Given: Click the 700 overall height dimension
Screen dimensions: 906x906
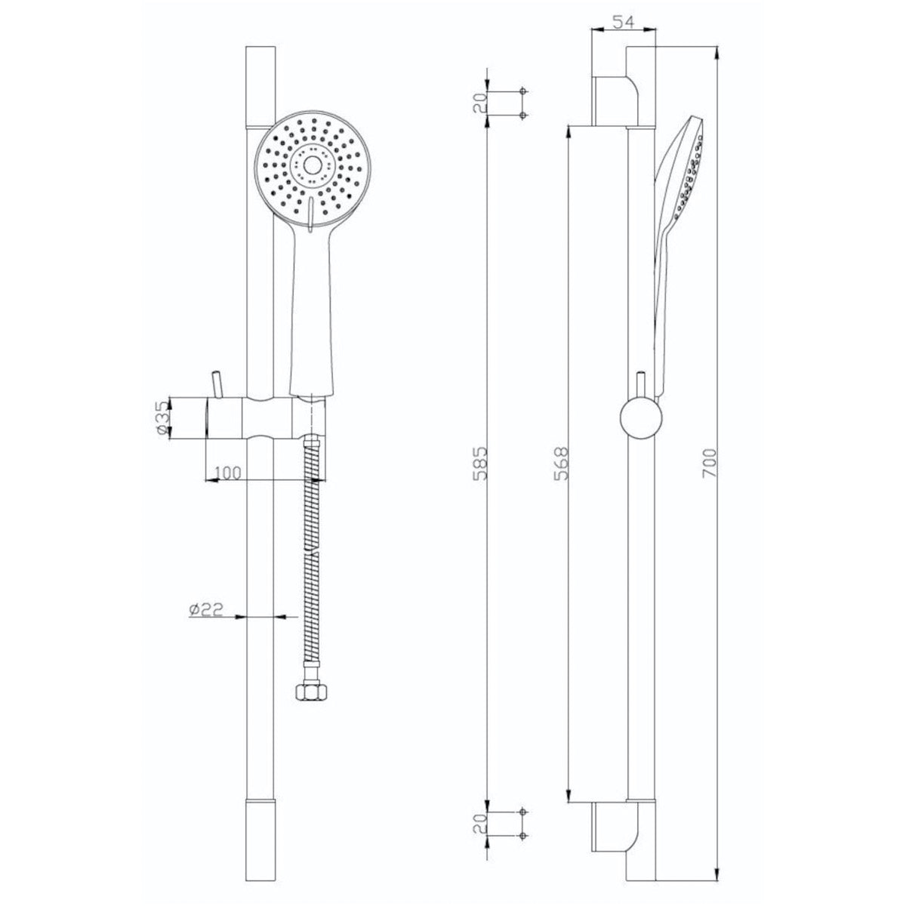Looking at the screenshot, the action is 710,463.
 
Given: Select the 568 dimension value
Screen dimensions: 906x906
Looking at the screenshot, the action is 562,463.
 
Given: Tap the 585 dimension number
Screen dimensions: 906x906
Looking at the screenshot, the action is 480,463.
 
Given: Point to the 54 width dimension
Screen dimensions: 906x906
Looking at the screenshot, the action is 624,22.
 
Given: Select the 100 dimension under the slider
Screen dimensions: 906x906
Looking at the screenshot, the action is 227,473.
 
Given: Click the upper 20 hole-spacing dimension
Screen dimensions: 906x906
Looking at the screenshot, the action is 480,103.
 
